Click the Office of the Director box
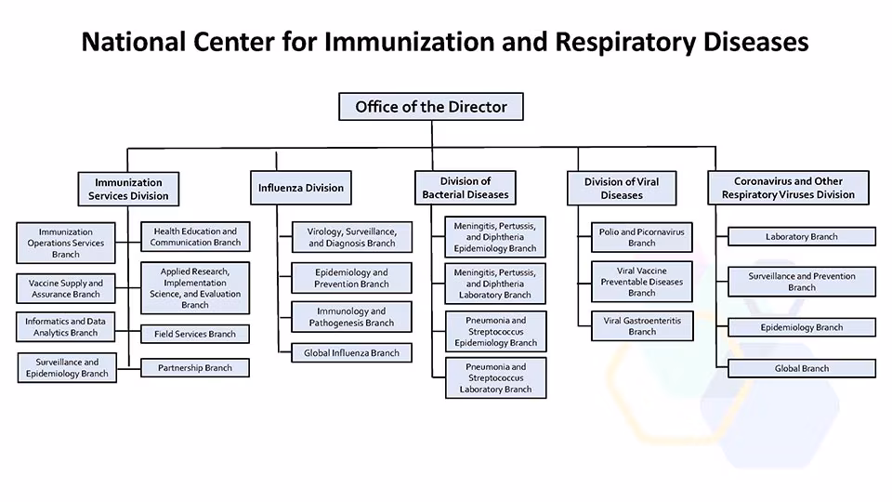click(431, 107)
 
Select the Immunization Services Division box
click(128, 189)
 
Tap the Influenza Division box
click(300, 188)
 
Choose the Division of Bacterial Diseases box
click(466, 188)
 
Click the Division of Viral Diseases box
click(621, 188)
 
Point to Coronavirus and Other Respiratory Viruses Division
click(788, 188)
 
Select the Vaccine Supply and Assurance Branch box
click(66, 288)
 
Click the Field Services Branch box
click(195, 334)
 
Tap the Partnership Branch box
click(195, 368)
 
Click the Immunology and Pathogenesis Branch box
click(351, 317)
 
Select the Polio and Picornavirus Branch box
click(641, 237)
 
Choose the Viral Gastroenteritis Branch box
click(641, 325)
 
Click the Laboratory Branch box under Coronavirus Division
click(801, 237)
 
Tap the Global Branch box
click(801, 369)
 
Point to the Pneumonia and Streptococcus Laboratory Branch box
click(495, 378)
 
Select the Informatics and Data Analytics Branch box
click(66, 327)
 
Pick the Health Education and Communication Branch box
click(195, 237)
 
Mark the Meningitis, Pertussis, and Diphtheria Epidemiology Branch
click(495, 237)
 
